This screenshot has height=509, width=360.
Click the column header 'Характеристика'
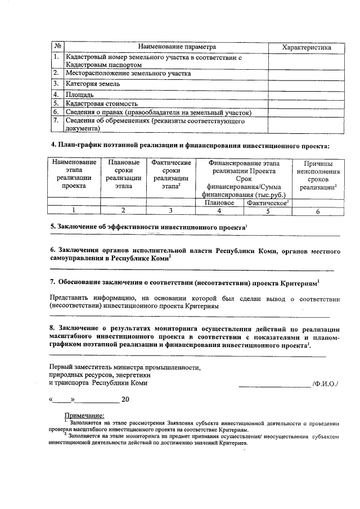pos(306,47)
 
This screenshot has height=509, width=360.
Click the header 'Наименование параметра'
pos(165,47)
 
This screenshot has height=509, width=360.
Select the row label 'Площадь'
pos(79,94)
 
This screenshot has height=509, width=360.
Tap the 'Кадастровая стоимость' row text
pos(102,103)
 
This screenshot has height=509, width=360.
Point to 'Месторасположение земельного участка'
pos(128,73)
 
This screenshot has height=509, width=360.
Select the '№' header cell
pos(57,47)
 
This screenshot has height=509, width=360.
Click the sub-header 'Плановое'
pos(219,202)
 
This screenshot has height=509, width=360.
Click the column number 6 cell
pos(318,211)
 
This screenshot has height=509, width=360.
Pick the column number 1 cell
pos(74,211)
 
